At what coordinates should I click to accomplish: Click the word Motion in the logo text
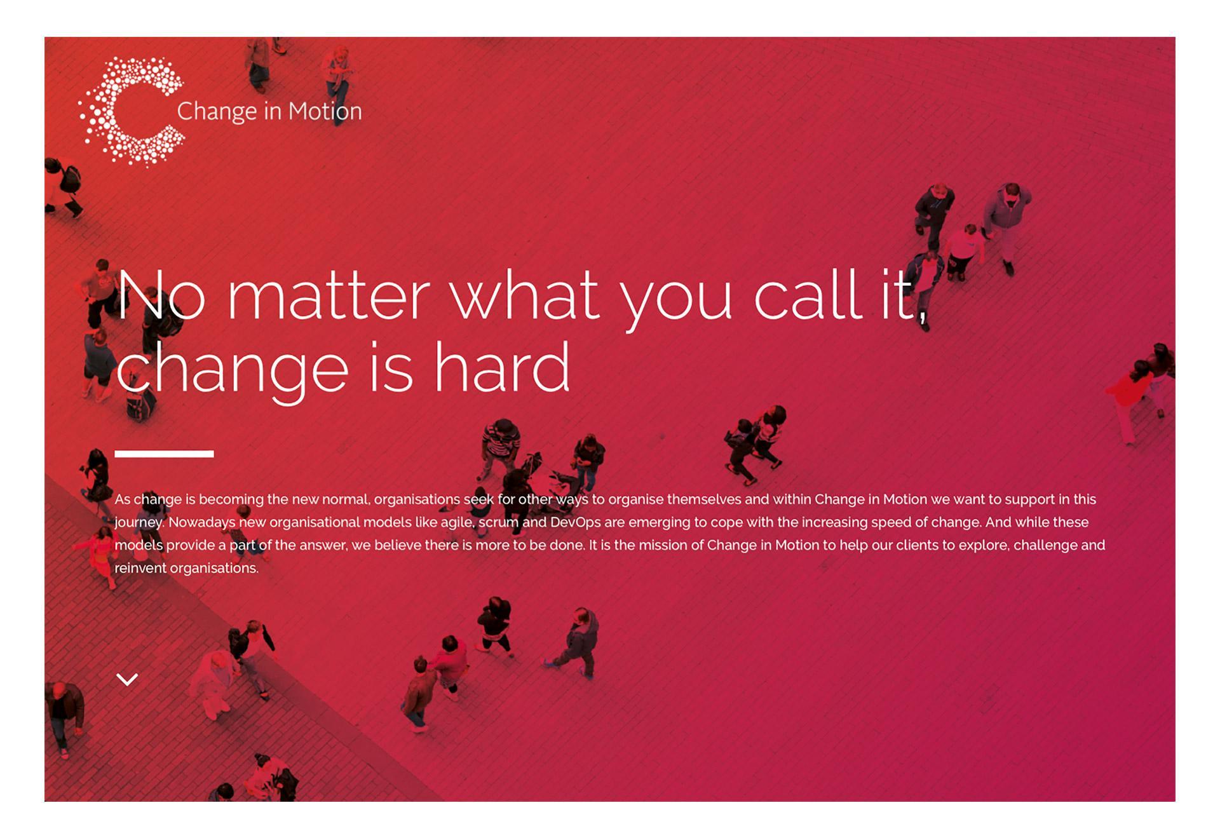(x=325, y=112)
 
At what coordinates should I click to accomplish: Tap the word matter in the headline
(x=329, y=296)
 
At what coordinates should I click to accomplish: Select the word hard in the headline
(x=502, y=367)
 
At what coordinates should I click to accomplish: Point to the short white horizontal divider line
(x=164, y=454)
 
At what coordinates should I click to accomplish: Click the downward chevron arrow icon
(x=128, y=679)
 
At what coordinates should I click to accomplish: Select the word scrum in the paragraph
(x=499, y=522)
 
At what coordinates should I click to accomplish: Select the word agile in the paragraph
(x=457, y=523)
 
